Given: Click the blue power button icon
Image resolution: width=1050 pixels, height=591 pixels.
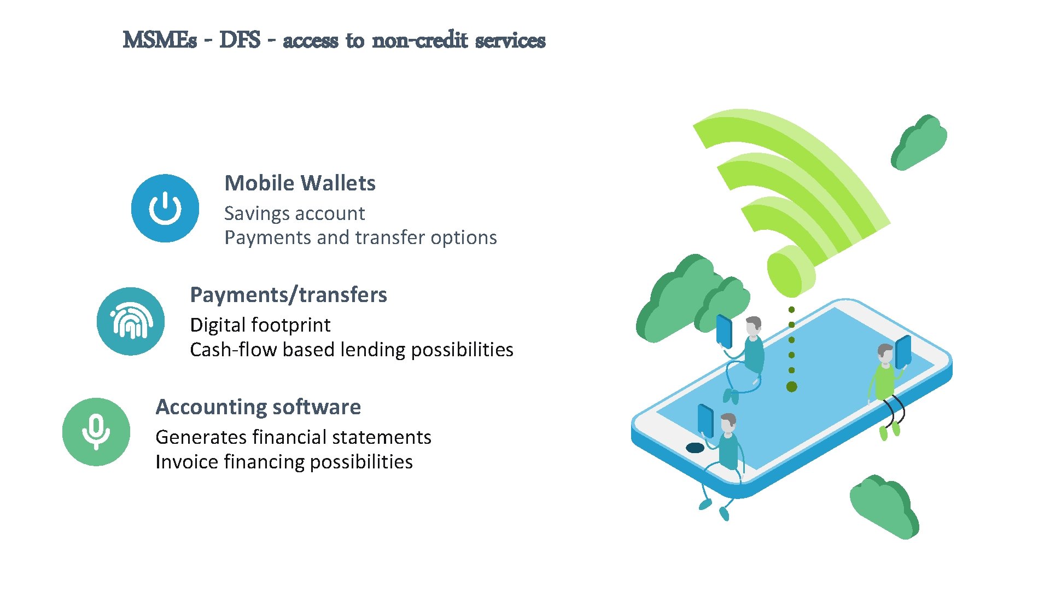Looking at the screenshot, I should pos(165,208).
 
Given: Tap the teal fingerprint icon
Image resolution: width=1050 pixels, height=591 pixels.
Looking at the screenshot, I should pos(131,322).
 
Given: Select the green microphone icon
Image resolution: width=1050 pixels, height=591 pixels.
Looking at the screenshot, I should pos(96,432).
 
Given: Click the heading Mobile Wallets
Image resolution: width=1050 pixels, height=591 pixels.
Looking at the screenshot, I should pos(300,183).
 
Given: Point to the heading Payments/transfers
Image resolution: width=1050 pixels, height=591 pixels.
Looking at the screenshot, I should pos(288,295).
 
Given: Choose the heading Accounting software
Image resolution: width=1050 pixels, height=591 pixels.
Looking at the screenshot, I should pos(258,407).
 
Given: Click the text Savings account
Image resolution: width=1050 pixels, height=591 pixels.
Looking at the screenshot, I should pos(294,213).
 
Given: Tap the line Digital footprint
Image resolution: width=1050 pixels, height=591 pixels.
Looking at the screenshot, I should pos(260,325).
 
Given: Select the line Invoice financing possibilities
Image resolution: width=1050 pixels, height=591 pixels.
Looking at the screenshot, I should pos(284,462).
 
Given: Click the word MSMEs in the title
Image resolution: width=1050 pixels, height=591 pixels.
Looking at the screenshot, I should pos(160,40).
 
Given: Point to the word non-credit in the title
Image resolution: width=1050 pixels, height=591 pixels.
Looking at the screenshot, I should pos(420,40).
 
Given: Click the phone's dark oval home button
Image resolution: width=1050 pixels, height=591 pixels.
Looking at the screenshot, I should pos(695,448).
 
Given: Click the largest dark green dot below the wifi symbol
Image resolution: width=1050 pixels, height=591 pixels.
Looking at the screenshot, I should pos(791,387).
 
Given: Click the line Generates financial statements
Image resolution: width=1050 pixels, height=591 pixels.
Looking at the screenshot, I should pos(293,437).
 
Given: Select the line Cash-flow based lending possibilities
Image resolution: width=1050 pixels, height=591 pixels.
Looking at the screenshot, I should pos(351,350).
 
